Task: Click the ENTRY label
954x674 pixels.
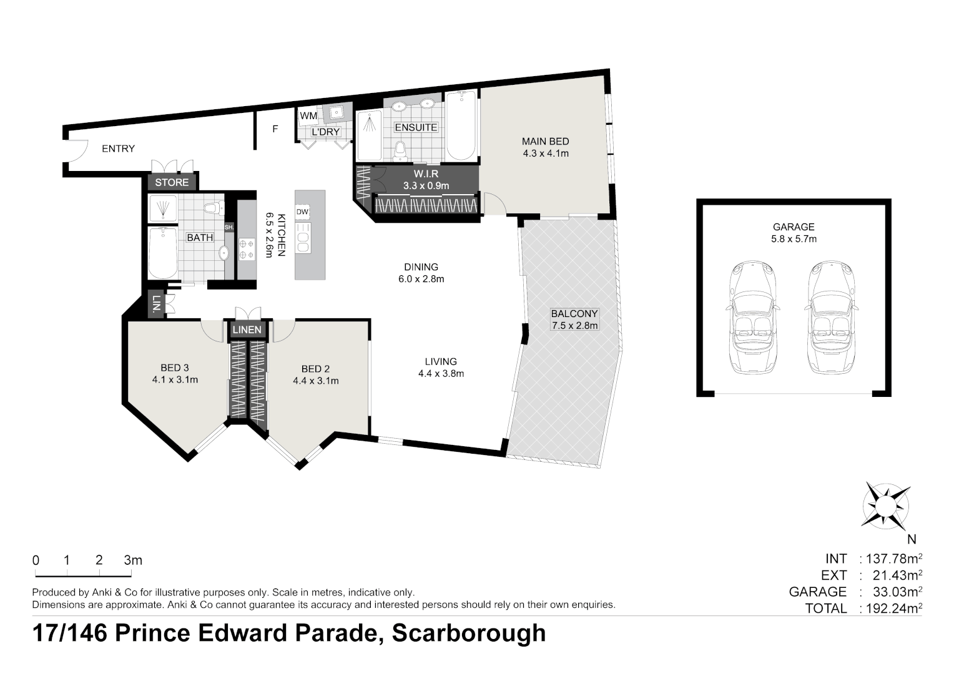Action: [x=118, y=149]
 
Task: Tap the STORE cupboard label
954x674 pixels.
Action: [x=172, y=182]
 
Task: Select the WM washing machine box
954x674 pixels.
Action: [x=308, y=116]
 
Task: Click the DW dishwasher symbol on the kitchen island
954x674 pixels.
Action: [x=302, y=212]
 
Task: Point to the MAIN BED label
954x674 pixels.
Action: [x=545, y=147]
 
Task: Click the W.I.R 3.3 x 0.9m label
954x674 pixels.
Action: [x=426, y=180]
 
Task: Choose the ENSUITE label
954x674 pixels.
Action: [x=416, y=127]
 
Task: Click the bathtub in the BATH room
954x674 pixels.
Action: [x=162, y=253]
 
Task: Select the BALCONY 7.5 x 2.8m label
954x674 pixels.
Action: [x=574, y=320]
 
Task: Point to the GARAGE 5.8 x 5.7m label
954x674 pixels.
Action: [x=794, y=233]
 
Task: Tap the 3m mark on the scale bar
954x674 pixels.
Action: [x=132, y=560]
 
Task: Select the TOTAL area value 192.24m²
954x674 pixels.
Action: [x=892, y=608]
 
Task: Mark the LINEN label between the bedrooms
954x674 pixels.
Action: [x=247, y=330]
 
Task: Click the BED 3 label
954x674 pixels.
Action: [x=174, y=374]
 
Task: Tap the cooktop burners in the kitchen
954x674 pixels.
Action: [x=246, y=249]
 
